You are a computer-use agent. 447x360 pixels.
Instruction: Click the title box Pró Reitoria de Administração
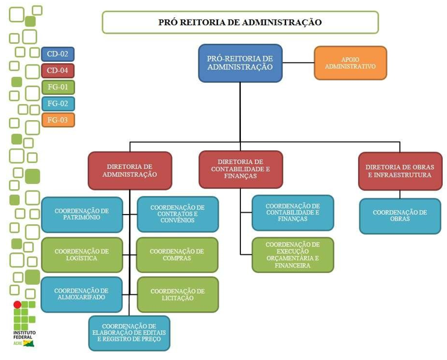click(240, 22)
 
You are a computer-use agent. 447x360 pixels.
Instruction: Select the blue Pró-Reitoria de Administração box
click(240, 63)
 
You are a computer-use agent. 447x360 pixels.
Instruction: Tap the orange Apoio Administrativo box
click(350, 63)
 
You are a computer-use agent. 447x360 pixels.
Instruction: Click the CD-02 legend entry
click(58, 54)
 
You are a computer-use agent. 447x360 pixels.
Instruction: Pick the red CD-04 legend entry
click(58, 71)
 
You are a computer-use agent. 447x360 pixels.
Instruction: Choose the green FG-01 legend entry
click(58, 87)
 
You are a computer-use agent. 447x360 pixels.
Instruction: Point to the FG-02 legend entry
click(58, 103)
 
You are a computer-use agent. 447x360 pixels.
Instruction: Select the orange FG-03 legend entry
click(58, 120)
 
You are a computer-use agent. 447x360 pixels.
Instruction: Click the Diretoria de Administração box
click(130, 170)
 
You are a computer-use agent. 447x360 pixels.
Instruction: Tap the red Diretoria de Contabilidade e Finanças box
click(240, 169)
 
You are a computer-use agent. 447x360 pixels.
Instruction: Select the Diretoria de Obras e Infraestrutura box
click(399, 170)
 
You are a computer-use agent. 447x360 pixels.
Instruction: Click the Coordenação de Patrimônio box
click(81, 215)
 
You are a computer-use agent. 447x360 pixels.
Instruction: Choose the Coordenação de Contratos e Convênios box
click(177, 214)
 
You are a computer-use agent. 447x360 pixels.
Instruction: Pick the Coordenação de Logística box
click(81, 255)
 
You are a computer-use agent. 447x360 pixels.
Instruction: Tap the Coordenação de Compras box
click(177, 255)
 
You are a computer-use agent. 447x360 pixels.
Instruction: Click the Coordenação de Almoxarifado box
click(81, 294)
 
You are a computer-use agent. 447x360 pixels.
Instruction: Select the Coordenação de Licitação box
click(177, 294)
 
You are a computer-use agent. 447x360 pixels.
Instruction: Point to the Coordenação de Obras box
click(400, 216)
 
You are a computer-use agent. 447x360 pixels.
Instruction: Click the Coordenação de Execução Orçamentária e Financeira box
click(292, 255)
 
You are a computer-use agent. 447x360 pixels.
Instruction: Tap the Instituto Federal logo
click(24, 325)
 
